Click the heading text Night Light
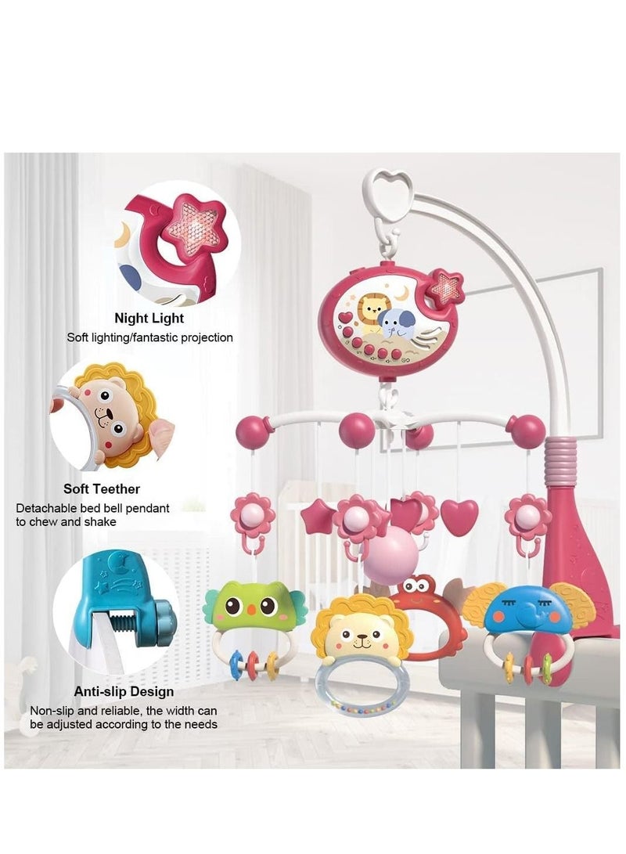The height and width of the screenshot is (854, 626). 149,318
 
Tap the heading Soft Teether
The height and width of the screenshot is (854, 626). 102,488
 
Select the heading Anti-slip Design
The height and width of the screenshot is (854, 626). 124,691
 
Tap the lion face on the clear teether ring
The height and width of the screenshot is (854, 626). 362,629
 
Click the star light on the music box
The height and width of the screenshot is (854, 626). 446,286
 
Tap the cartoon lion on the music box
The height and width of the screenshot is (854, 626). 372,312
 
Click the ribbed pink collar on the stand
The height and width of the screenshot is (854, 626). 561,461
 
